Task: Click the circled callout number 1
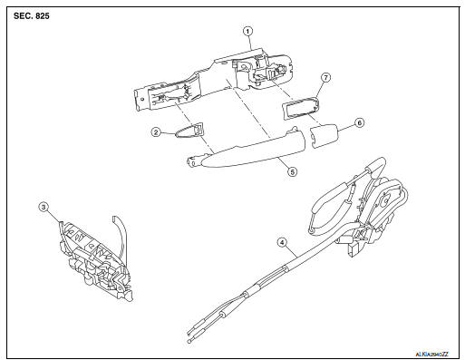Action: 247,31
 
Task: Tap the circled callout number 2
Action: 156,132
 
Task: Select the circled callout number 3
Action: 44,208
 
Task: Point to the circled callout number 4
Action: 282,242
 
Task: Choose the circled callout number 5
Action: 292,171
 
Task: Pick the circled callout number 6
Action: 359,123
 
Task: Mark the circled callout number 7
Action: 325,77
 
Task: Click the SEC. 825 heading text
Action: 32,16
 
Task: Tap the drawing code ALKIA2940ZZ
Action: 432,354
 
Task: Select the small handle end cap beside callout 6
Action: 324,136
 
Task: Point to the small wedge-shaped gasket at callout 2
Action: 190,130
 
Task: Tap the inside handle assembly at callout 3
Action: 94,261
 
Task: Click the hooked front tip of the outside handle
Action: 193,161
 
